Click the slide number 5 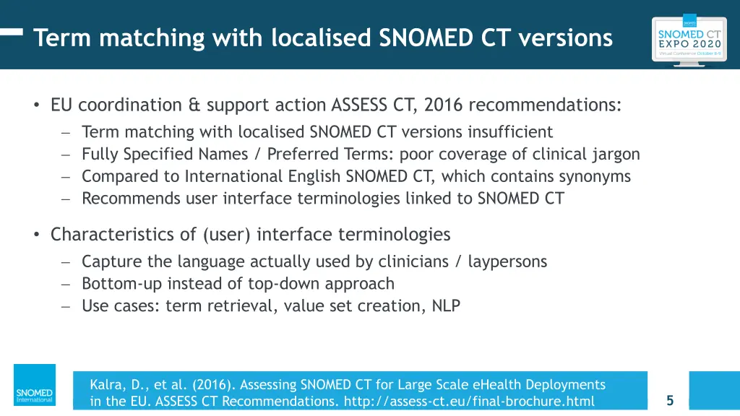(x=670, y=400)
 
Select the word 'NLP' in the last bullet (x=446, y=306)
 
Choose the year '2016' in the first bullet (x=444, y=105)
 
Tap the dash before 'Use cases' (x=65, y=306)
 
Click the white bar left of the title (x=11, y=32)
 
